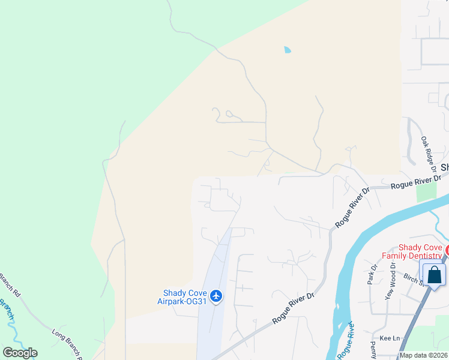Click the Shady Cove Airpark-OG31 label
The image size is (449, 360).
pos(184,297)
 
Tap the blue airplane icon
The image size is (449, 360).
pos(217,296)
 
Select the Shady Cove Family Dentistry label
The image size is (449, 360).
pos(421,251)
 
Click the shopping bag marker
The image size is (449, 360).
pos(435,275)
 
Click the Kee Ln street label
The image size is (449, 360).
pos(390,338)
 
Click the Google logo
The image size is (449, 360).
pos(20,353)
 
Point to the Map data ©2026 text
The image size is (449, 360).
pos(424,355)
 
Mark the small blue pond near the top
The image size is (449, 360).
pos(287,50)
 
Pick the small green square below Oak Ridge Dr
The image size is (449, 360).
pos(426,191)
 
